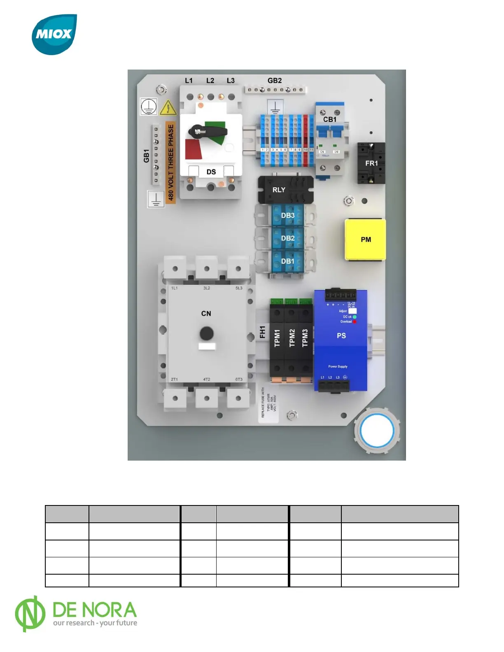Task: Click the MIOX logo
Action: [x=54, y=35]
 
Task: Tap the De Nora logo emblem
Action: [x=30, y=614]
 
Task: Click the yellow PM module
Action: [x=365, y=240]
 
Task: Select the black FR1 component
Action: [x=371, y=163]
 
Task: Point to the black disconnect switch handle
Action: [x=208, y=132]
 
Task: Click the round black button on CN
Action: [x=206, y=333]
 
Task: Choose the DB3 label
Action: [x=287, y=215]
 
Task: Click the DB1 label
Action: [x=287, y=261]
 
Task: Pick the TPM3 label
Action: [x=305, y=338]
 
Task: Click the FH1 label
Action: [x=263, y=332]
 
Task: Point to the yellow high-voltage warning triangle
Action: [x=168, y=108]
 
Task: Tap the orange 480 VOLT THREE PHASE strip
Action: [x=170, y=163]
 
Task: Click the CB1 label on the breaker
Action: [x=329, y=119]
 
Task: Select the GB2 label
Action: [x=275, y=81]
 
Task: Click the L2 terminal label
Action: [x=210, y=81]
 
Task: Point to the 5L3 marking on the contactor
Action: [x=239, y=288]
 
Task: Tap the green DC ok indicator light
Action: [x=355, y=317]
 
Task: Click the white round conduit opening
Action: [x=377, y=431]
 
